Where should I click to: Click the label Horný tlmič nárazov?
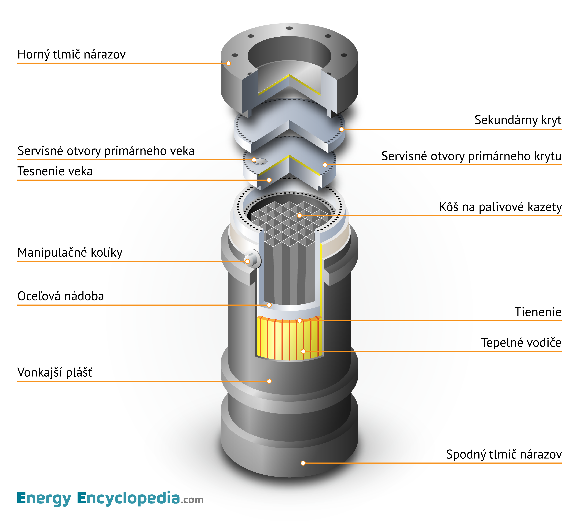coord(71,54)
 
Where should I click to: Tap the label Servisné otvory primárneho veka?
coord(106,151)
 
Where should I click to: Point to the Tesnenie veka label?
coord(55,171)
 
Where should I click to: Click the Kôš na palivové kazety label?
coord(500,207)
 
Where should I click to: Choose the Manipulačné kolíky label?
coord(70,253)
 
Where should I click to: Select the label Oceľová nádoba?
coord(61,296)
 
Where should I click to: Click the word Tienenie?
coord(538,312)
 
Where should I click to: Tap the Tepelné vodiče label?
coord(521,343)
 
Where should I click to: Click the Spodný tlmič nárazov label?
coord(504,454)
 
